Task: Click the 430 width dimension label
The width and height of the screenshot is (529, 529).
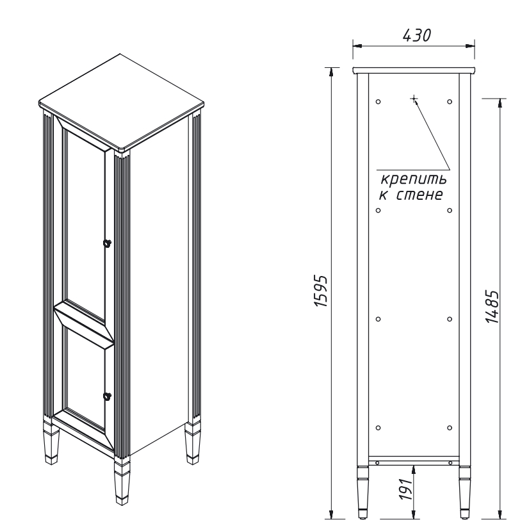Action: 417,35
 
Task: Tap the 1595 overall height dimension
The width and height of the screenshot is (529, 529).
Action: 321,291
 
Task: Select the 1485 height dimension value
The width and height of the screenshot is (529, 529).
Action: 492,306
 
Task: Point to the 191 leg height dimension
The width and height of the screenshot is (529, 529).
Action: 406,489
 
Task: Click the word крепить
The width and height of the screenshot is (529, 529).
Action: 414,179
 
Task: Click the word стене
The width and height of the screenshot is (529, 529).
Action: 419,195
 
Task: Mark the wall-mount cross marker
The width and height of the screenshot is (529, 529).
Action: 414,99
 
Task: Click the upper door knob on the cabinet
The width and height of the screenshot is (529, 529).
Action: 108,243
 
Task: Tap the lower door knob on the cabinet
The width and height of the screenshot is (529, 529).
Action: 108,396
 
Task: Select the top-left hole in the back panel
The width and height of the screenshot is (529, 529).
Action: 378,102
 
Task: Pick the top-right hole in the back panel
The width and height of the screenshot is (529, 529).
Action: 450,102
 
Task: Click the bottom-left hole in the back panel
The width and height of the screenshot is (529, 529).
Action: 378,428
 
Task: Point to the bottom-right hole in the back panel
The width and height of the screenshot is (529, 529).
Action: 450,428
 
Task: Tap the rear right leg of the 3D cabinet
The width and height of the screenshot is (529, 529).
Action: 193,443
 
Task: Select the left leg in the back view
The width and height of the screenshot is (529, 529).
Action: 363,492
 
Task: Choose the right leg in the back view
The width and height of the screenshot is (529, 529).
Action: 465,492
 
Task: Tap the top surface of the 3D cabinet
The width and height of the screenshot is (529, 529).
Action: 122,101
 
